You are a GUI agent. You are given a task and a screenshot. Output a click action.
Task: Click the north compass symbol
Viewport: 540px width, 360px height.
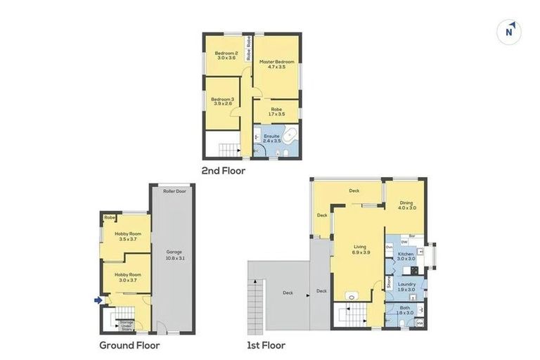510,32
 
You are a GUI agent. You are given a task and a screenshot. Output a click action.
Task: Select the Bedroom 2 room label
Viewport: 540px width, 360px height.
226,56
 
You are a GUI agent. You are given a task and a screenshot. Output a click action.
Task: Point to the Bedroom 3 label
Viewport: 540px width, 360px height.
223,101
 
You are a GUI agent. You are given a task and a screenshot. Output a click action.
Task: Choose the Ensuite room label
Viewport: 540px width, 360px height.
271,138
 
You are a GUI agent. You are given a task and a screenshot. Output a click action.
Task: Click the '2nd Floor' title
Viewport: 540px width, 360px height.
223,170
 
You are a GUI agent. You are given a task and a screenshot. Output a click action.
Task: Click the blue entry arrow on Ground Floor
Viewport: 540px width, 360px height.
98,300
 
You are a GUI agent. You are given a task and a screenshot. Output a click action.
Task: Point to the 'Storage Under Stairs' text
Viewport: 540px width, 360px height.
127,324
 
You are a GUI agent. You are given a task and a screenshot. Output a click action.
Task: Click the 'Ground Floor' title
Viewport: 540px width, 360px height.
129,345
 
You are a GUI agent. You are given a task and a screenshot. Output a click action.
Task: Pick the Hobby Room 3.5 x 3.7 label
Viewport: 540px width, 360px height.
128,237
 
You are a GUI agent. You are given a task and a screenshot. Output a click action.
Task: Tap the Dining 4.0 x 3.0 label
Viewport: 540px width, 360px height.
407,205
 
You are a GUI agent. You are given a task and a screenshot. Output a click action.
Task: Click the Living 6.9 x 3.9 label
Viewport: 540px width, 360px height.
359,249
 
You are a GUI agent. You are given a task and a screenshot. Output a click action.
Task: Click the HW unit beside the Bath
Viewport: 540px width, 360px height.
420,323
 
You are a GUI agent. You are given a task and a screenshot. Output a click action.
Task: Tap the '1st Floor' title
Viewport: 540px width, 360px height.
266,345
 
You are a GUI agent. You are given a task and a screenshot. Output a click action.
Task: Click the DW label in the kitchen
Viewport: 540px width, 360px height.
394,243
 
